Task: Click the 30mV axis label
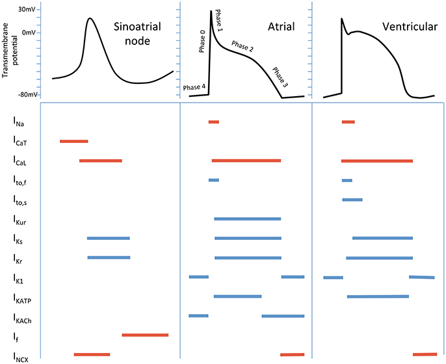click(27, 10)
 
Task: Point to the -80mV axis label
click(25, 94)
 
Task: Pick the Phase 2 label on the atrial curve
click(243, 47)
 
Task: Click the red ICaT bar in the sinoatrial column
click(73, 141)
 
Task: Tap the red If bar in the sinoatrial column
click(145, 335)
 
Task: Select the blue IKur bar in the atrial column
click(247, 219)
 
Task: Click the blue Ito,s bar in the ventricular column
click(352, 200)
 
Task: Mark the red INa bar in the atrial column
click(213, 122)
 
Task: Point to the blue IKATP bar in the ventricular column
click(378, 296)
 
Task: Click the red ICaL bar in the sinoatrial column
click(100, 160)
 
